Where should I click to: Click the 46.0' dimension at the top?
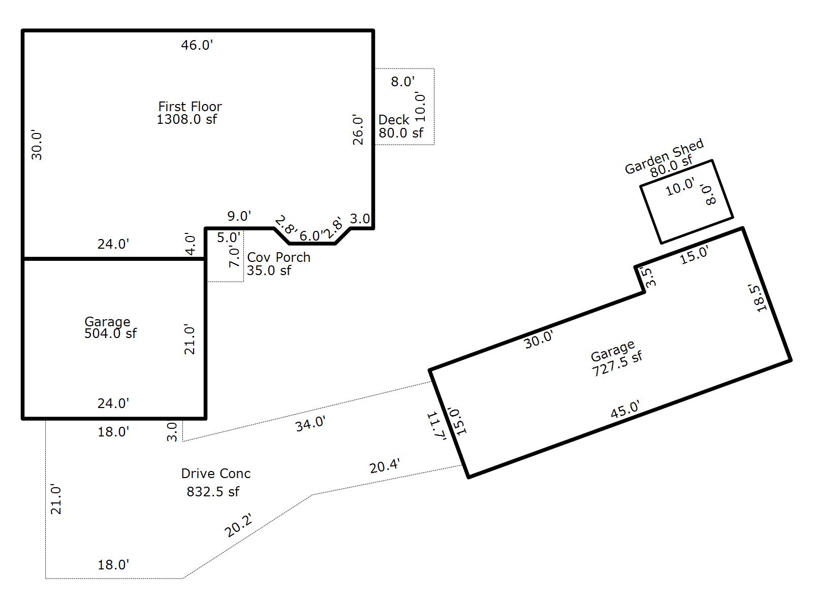197,45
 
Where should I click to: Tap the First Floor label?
190,107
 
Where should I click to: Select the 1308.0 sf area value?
186,119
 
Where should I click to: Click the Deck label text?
394,120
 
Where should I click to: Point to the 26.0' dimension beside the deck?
358,130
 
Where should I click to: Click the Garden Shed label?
664,156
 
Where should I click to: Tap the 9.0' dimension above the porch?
239,216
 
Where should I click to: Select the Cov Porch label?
278,257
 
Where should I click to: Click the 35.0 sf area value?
269,270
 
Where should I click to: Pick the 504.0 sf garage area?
110,333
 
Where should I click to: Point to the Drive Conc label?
215,473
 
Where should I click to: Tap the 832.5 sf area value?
213,491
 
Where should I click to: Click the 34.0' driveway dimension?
310,423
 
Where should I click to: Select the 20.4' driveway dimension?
385,465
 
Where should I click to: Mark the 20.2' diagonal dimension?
238,525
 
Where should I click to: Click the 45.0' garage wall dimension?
625,410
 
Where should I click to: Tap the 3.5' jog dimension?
650,277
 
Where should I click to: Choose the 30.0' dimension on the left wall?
37,145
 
